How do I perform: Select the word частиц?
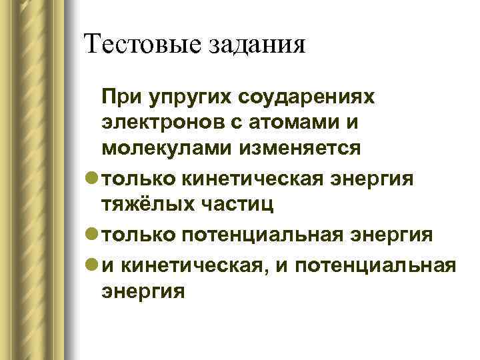[233, 206]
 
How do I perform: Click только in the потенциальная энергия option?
[137, 235]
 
